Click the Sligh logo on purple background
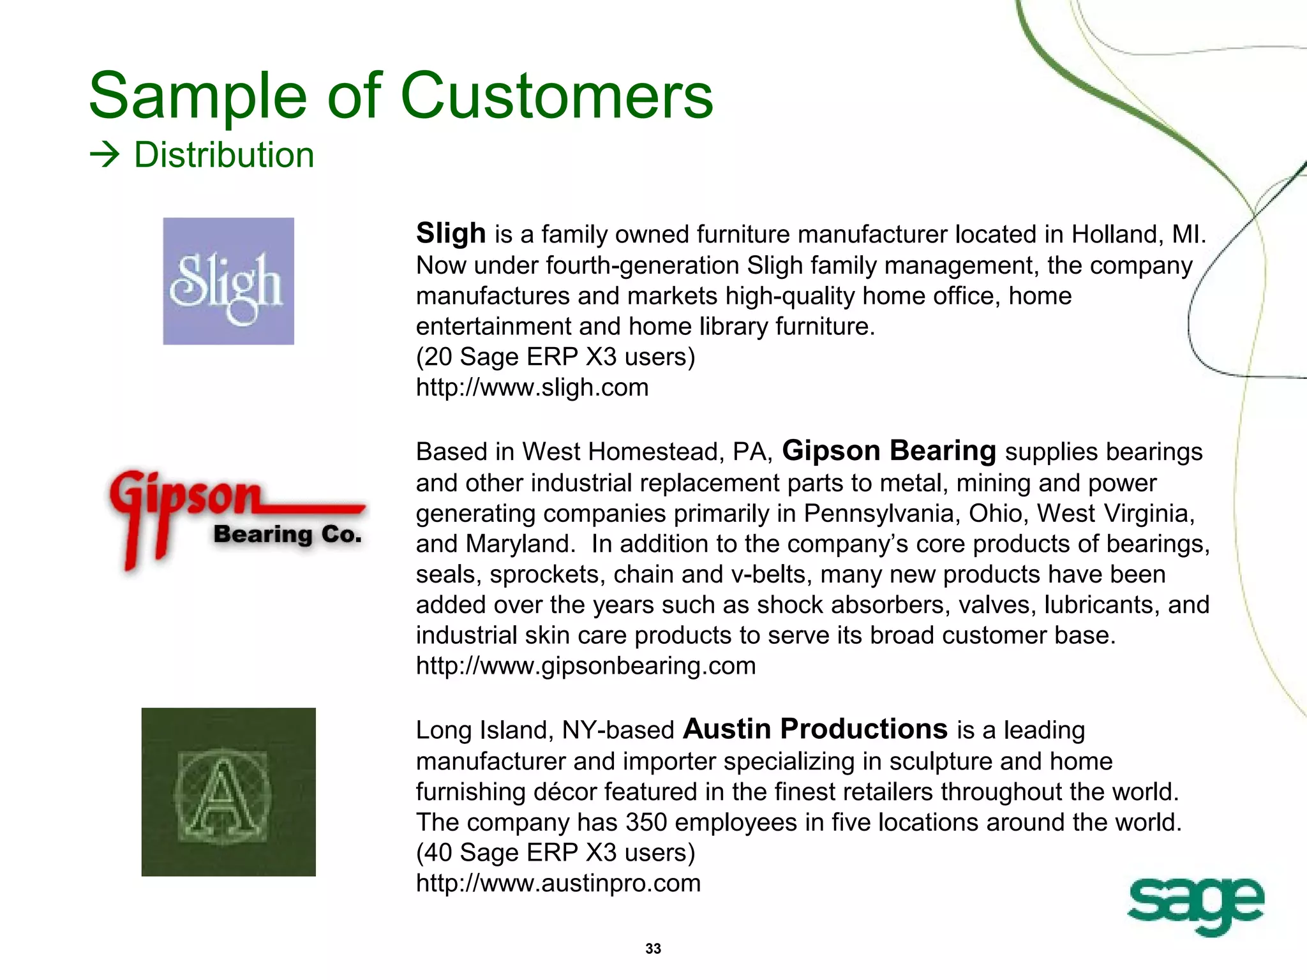click(x=228, y=281)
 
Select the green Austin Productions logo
click(x=228, y=792)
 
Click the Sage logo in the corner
click(x=1195, y=904)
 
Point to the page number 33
click(x=653, y=949)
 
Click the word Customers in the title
click(x=556, y=96)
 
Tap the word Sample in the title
click(x=198, y=96)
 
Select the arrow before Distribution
click(x=105, y=155)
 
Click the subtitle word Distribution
click(x=224, y=155)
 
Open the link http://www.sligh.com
click(x=532, y=387)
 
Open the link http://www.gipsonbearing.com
click(x=586, y=665)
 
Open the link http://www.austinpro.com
click(x=558, y=883)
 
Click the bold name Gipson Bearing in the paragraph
click(x=889, y=450)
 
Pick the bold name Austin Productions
click(x=815, y=729)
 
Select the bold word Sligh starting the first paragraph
click(x=451, y=233)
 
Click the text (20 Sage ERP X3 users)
click(x=555, y=357)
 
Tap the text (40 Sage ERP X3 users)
click(x=555, y=852)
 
